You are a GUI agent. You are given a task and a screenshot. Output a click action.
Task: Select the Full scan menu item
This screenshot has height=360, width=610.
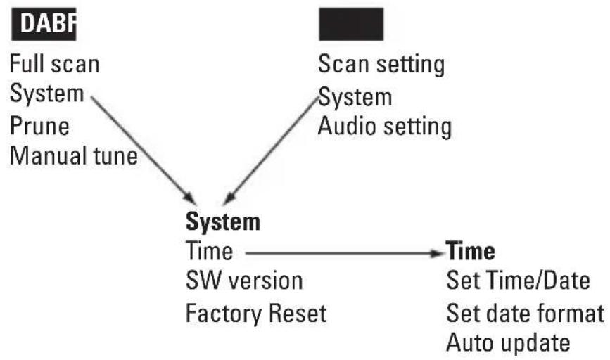pyautogui.click(x=54, y=64)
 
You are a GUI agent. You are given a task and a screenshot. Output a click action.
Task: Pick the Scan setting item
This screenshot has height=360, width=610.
pyautogui.click(x=381, y=64)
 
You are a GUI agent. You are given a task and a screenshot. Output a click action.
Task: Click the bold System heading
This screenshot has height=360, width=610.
pyautogui.click(x=223, y=222)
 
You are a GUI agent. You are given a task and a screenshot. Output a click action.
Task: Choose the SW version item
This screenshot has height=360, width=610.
pyautogui.click(x=244, y=281)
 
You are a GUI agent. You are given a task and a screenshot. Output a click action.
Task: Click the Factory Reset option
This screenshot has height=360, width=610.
pyautogui.click(x=256, y=312)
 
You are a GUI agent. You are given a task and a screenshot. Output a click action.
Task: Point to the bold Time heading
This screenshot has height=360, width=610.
pyautogui.click(x=471, y=251)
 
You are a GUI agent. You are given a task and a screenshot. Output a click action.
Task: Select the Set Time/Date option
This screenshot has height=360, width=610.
pyautogui.click(x=518, y=281)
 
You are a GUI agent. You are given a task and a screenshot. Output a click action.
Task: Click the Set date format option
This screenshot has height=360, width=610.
pyautogui.click(x=525, y=312)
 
